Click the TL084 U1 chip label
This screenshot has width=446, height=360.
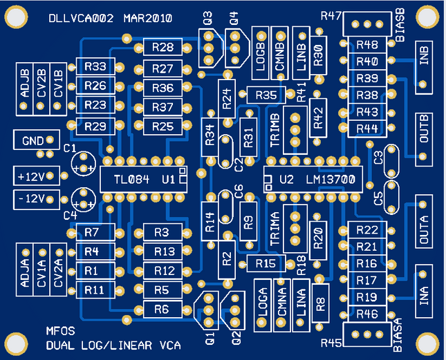(145, 180)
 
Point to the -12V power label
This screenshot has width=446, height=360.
(32, 199)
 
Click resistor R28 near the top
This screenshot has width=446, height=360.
(163, 47)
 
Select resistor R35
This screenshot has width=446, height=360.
(266, 95)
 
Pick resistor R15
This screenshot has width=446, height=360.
(266, 263)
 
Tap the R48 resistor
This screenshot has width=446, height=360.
(366, 46)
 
